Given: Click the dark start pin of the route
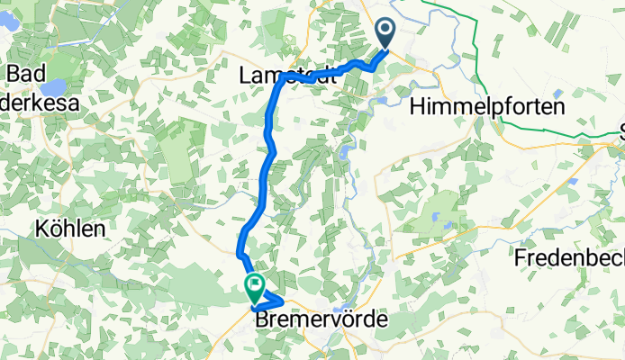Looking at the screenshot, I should point(385,34).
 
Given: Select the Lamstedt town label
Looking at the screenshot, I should point(286,76).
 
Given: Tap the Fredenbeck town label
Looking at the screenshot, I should point(569,258).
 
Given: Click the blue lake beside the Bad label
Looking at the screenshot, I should point(52,88).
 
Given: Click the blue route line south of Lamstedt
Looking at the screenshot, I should point(267,144).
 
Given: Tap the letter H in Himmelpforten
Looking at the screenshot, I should point(417,106).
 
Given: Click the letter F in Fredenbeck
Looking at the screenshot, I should point(520,258).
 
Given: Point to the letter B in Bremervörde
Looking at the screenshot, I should point(263,319).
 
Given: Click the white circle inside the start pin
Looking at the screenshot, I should point(385,31).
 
